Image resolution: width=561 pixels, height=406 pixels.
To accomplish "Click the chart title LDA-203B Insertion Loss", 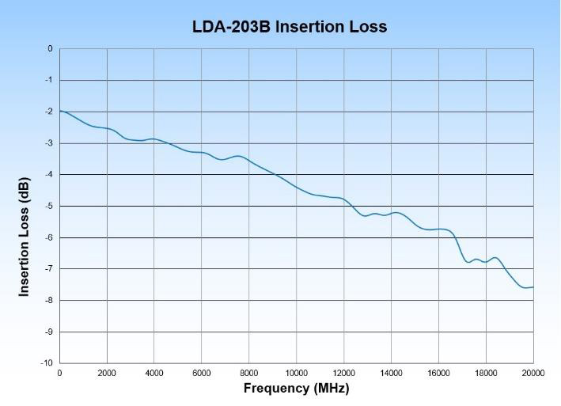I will tap(290, 26).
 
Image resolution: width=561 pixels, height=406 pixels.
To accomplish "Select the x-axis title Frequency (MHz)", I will tap(296, 388).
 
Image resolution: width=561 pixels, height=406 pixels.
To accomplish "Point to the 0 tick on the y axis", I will tap(50, 49).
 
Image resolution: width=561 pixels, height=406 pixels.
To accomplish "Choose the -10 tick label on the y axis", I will tap(47, 362).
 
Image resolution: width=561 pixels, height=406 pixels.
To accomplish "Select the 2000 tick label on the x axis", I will tap(107, 373).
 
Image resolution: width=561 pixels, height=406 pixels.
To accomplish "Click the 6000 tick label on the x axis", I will tap(202, 373).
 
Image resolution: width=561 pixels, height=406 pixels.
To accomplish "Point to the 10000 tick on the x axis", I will tap(297, 373).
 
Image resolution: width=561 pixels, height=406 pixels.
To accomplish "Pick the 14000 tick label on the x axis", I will tap(391, 373).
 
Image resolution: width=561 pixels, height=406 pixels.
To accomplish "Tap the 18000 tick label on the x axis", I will tap(486, 373).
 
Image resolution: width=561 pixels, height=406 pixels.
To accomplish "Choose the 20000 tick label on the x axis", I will tap(533, 373).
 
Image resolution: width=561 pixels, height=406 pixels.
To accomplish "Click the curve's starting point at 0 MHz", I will tap(60, 111).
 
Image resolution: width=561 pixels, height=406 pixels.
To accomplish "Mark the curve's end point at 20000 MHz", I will tap(533, 286).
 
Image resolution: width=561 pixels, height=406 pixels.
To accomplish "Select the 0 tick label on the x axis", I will tap(60, 373).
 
